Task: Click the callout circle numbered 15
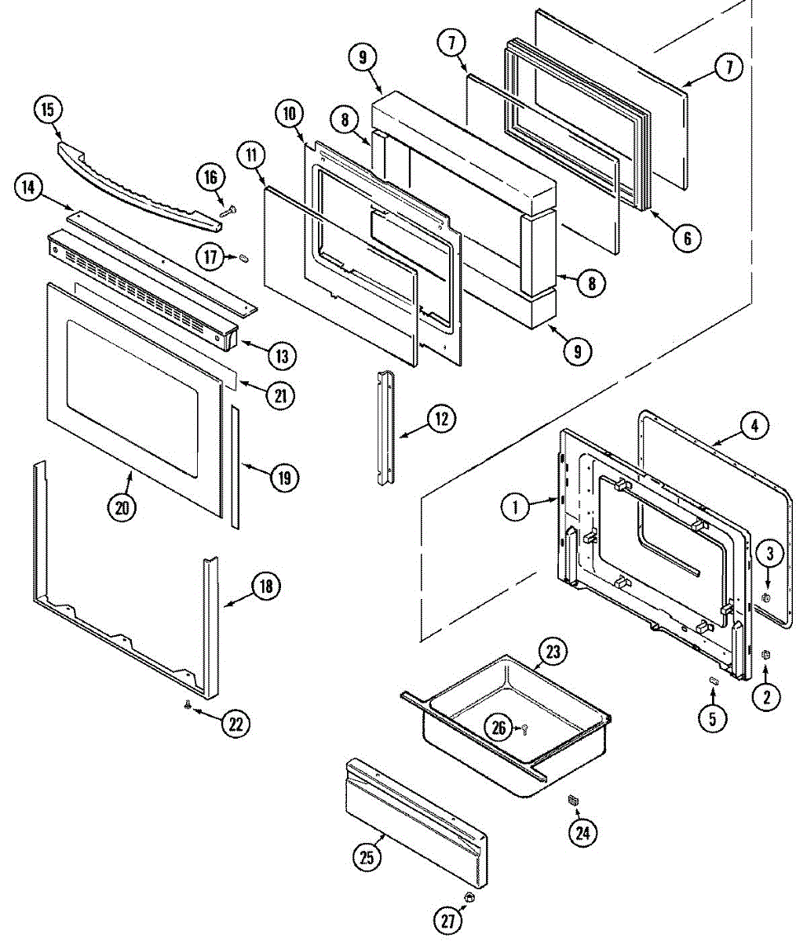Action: click(x=48, y=109)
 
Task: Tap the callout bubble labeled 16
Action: click(x=210, y=178)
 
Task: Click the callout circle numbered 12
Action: click(x=441, y=419)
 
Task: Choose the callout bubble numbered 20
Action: click(x=122, y=507)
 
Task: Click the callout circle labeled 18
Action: click(x=265, y=586)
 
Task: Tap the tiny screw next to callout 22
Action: click(x=187, y=707)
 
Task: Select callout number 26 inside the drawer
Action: click(x=499, y=727)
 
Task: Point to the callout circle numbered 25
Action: click(x=367, y=858)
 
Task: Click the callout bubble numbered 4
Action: click(x=754, y=427)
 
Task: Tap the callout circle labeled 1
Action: click(x=515, y=507)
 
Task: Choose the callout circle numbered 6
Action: click(x=686, y=238)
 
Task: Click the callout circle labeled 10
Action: click(x=289, y=114)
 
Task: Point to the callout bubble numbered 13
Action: click(x=280, y=355)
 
